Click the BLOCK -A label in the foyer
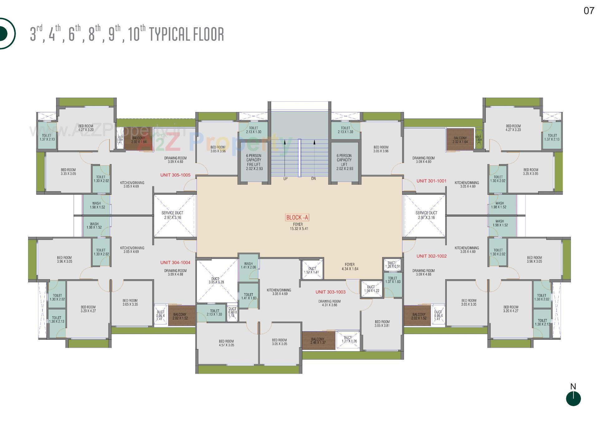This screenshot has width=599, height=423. (297, 217)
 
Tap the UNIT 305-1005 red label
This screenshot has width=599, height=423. (175, 175)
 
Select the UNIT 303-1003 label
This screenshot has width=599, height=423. (330, 292)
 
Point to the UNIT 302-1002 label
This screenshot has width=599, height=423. (431, 256)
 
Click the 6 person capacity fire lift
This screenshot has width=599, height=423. (254, 162)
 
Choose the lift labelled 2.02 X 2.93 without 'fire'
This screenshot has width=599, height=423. (344, 162)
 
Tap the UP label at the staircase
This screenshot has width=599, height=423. (285, 179)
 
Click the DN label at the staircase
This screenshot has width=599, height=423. (314, 179)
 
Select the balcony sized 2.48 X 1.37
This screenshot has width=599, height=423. (318, 341)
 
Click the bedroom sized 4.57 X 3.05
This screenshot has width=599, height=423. (226, 343)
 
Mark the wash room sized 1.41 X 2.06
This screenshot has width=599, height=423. (248, 265)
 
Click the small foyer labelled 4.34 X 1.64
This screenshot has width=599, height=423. (350, 266)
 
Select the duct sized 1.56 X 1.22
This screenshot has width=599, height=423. (371, 289)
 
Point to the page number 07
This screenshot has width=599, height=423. (589, 11)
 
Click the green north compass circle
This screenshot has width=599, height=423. (573, 399)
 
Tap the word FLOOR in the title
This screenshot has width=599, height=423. (209, 34)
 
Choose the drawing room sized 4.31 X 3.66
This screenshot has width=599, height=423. (329, 303)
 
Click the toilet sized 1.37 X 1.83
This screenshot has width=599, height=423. (392, 280)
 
